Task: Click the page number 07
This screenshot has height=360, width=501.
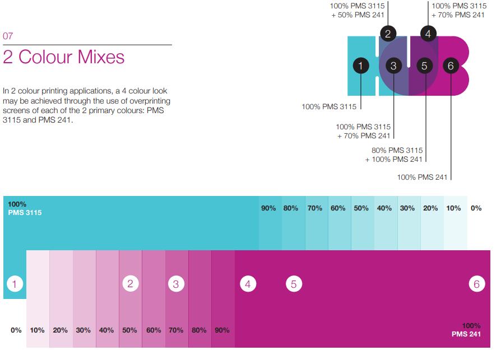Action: point(8,36)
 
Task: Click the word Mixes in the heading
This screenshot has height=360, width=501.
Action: point(101,57)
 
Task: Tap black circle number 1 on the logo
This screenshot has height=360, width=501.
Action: point(361,66)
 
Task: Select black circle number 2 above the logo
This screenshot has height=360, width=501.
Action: point(388,34)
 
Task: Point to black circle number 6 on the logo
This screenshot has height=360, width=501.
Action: point(451,66)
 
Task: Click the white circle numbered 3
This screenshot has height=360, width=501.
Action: point(176,284)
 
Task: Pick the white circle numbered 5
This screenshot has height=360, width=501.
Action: point(294,284)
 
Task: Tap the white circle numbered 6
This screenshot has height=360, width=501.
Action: point(477,284)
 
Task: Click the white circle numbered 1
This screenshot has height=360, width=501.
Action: point(15,284)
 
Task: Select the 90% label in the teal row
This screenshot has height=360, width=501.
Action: point(268,208)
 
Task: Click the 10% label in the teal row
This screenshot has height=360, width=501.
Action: point(453,208)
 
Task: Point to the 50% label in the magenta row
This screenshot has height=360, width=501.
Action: point(129,330)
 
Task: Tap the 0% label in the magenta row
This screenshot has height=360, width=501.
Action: point(16,330)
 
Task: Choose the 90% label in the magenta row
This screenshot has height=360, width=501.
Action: point(222,330)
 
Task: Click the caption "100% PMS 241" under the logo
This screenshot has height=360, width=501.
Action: point(422,177)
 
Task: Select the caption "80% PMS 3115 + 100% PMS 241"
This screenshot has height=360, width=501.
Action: point(394,155)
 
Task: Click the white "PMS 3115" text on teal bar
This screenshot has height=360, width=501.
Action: point(25,213)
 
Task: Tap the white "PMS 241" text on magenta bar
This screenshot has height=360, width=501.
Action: point(466,334)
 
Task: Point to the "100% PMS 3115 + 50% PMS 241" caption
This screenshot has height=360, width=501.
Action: point(357,11)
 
